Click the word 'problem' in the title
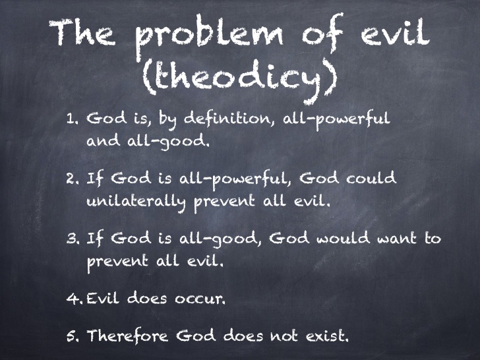[x=210, y=35]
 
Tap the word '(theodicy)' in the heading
[x=240, y=78]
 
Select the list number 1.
[x=73, y=119]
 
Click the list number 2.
[x=73, y=179]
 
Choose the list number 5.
[x=73, y=336]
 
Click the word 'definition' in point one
[x=227, y=119]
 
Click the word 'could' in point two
[x=371, y=178]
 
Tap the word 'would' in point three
[x=343, y=238]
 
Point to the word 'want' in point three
[x=396, y=239]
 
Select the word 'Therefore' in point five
[x=127, y=336]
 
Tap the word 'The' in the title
[x=82, y=33]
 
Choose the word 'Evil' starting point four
[x=103, y=298]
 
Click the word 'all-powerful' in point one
[x=336, y=119]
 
